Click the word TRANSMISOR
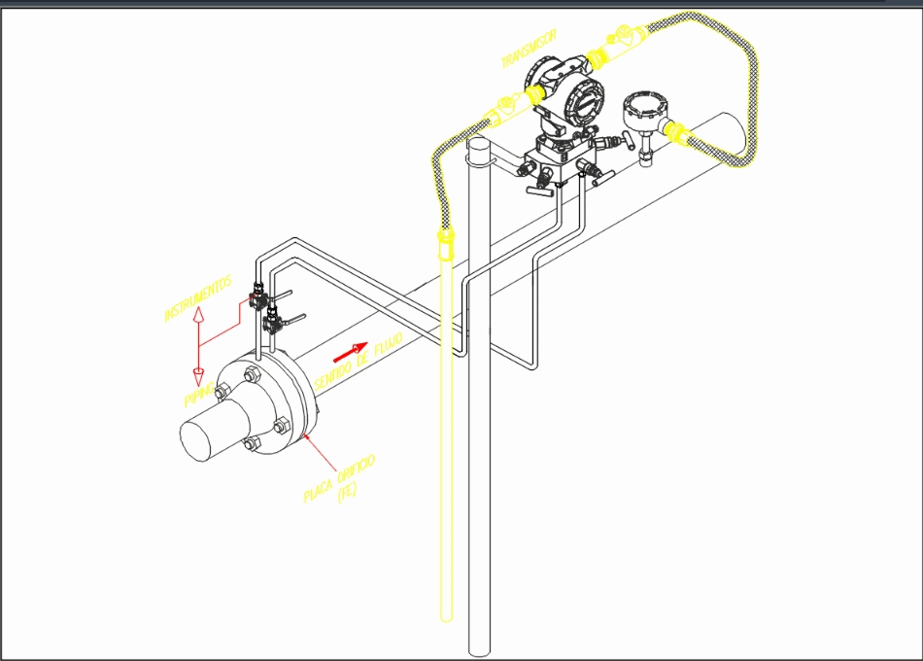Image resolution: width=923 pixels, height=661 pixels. pyautogui.click(x=529, y=49)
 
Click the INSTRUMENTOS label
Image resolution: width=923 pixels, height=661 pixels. pyautogui.click(x=198, y=298)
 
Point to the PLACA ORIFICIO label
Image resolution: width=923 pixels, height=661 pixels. pyautogui.click(x=339, y=476)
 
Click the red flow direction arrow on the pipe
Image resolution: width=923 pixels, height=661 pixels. pyautogui.click(x=351, y=349)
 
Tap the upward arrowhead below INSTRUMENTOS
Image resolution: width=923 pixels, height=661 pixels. pyautogui.click(x=197, y=315)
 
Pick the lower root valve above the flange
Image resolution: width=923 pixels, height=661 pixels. pyautogui.click(x=275, y=318)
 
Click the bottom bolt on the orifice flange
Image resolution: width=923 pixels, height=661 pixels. pyautogui.click(x=252, y=444)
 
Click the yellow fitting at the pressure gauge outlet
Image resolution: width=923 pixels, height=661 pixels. pyautogui.click(x=678, y=131)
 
